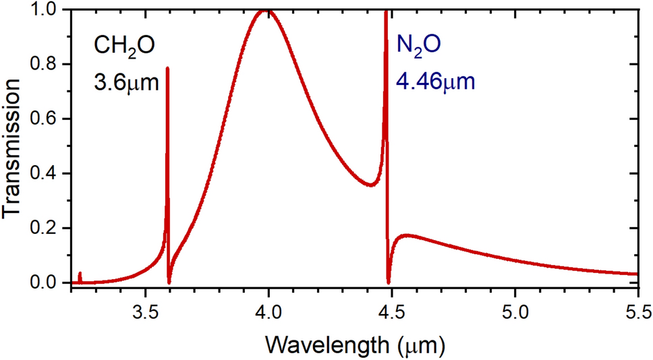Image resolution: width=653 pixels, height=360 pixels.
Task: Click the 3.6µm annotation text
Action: point(125,83)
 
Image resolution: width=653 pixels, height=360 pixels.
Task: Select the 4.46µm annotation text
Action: point(435,83)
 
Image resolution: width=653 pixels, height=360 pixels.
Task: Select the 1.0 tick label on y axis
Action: point(47,10)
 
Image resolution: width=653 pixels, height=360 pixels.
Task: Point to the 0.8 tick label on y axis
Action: point(47,65)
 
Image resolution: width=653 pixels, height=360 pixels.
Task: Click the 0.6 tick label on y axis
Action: point(47,119)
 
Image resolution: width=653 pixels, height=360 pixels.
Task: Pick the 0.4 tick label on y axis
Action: point(47,174)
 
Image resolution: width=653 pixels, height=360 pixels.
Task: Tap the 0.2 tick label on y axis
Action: point(47,229)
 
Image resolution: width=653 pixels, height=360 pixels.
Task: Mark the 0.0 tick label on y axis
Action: point(47,283)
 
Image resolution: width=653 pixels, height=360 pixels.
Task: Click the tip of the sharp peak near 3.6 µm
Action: point(167,68)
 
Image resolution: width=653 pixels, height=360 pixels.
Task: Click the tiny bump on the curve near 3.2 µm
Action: point(80,274)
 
